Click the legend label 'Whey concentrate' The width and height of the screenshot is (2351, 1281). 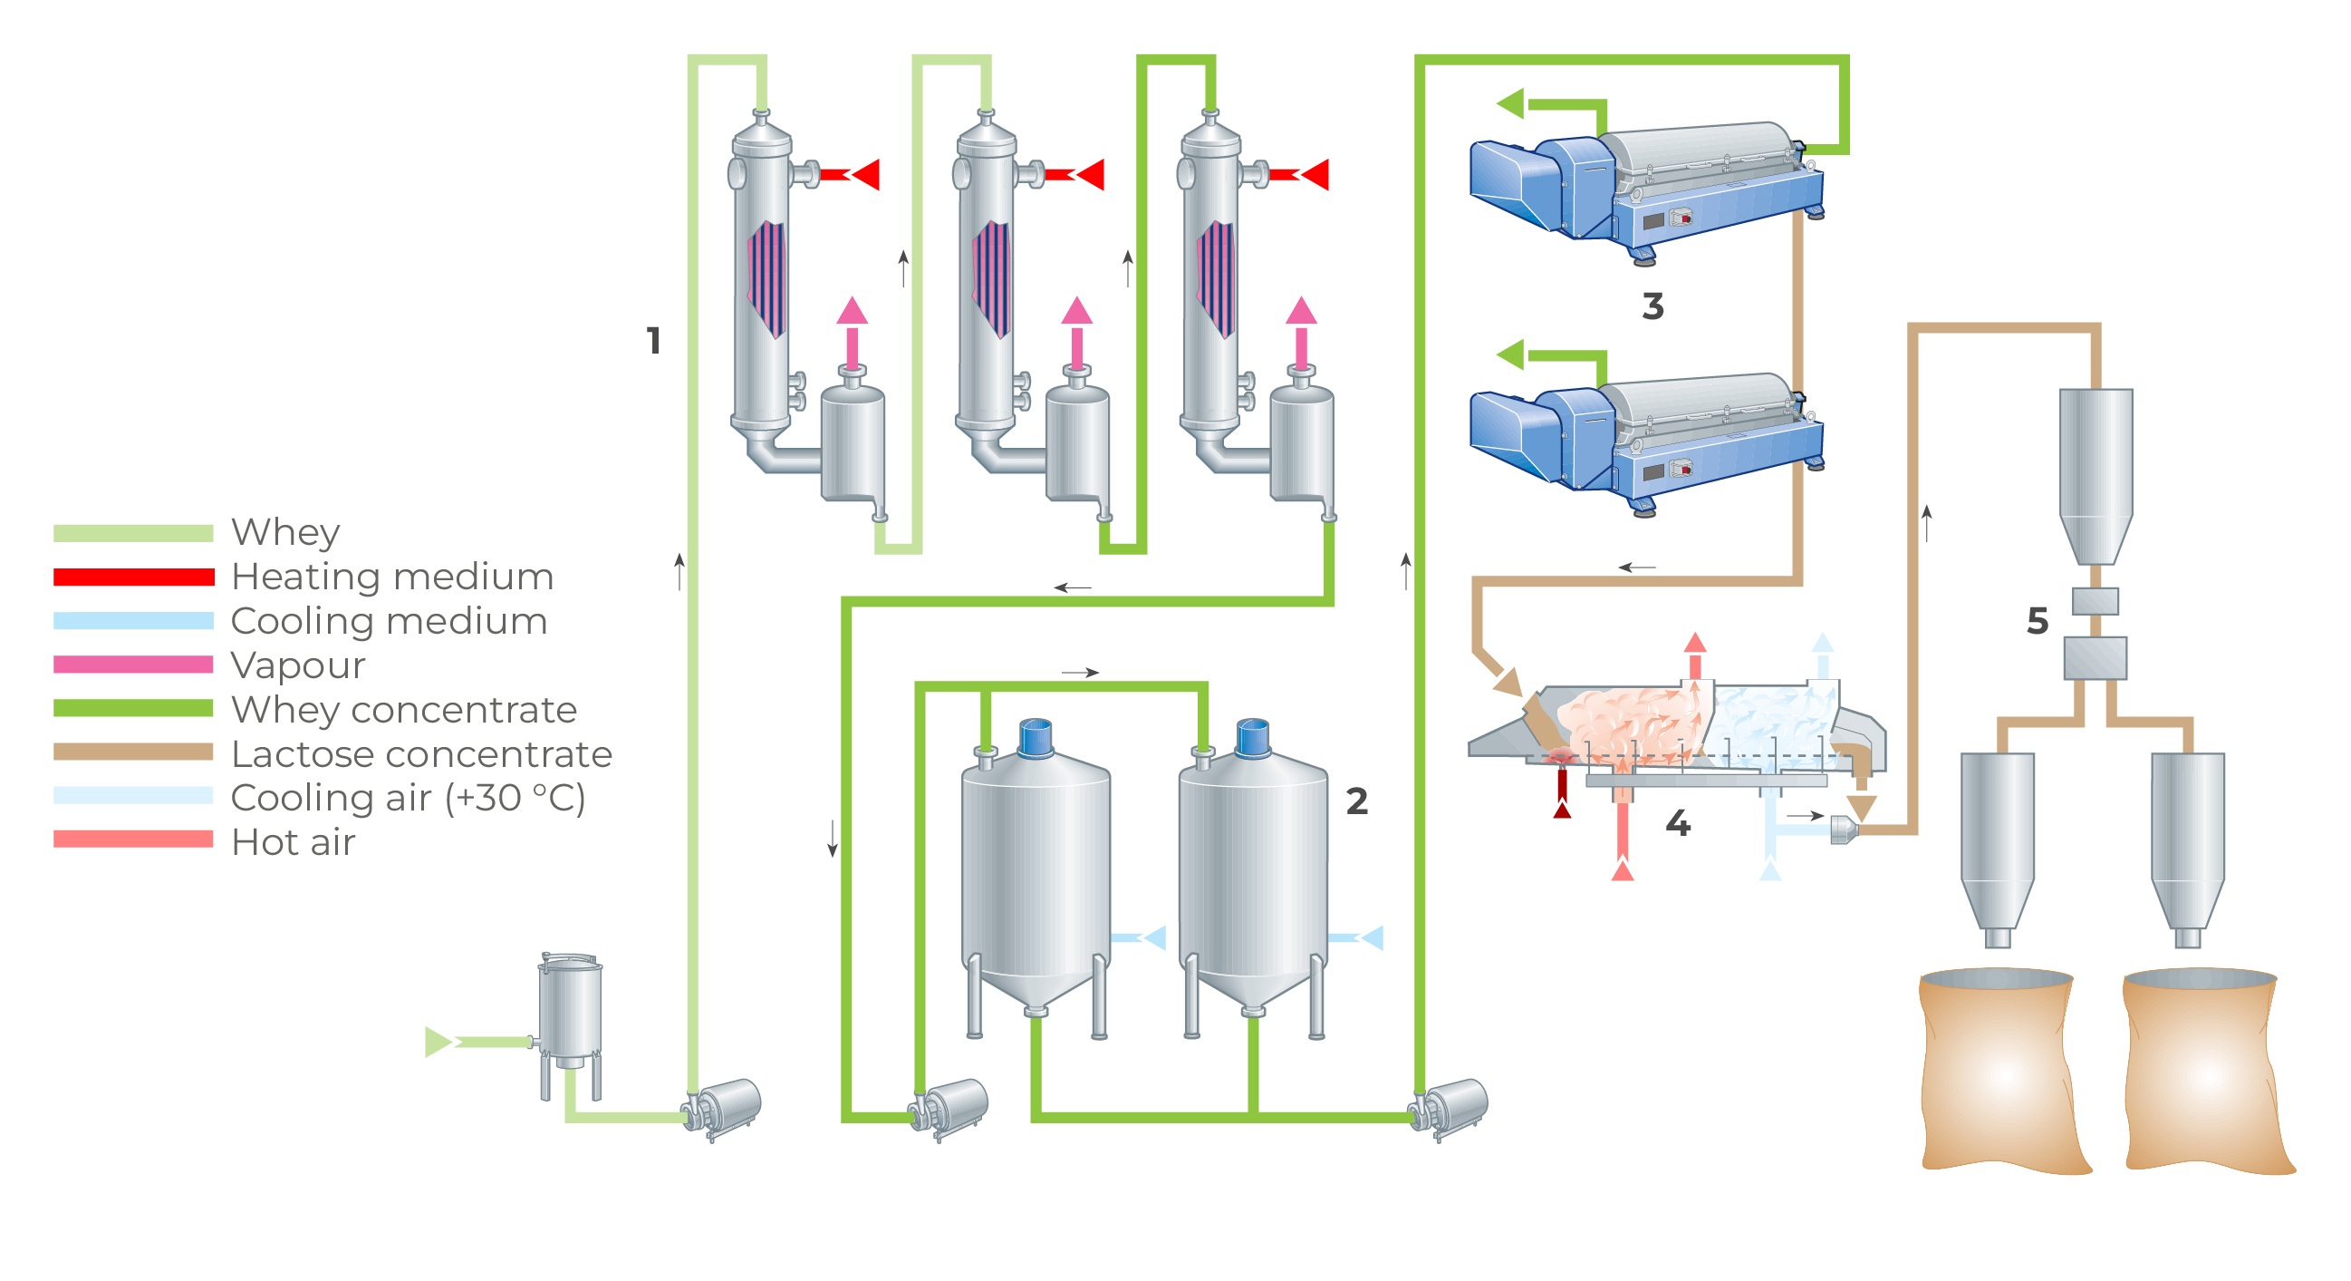pyautogui.click(x=403, y=710)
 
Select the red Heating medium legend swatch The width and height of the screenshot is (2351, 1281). pyautogui.click(x=133, y=577)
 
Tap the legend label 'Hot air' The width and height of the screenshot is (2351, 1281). pyautogui.click(x=293, y=842)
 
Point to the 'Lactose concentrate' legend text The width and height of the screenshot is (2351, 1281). pyautogui.click(x=420, y=754)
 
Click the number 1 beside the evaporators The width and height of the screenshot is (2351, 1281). pyautogui.click(x=653, y=342)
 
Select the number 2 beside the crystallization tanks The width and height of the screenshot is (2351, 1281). pyautogui.click(x=1356, y=801)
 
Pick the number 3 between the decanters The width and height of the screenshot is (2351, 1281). pyautogui.click(x=1652, y=306)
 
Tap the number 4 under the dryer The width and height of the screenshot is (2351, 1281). pyautogui.click(x=1678, y=823)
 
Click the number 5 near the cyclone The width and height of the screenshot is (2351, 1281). pyautogui.click(x=2037, y=622)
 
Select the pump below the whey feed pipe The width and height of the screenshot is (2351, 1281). pyautogui.click(x=724, y=1108)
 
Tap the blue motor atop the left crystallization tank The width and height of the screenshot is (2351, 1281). pyautogui.click(x=1035, y=738)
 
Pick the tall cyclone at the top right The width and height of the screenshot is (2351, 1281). pyautogui.click(x=2096, y=475)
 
